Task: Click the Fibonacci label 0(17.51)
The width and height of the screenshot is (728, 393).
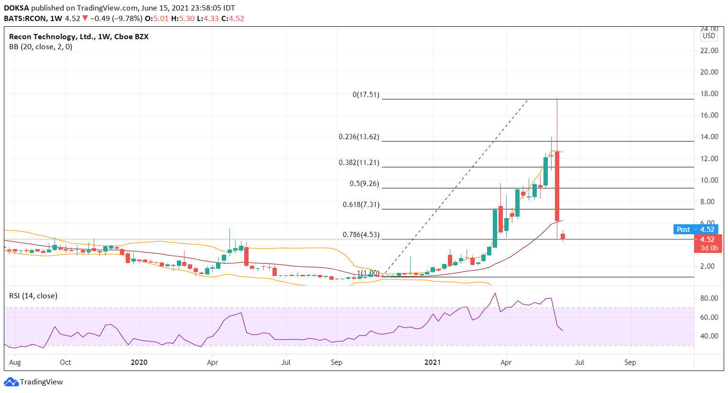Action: (366, 95)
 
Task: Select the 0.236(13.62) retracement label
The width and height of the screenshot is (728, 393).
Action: (359, 137)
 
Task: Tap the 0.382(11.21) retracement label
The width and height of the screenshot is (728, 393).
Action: (359, 163)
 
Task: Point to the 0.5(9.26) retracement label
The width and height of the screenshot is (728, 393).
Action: (364, 184)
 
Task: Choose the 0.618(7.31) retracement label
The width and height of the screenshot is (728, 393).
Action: (361, 205)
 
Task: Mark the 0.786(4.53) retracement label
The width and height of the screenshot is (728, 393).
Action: (361, 235)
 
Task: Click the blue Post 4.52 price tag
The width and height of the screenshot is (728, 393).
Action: (695, 229)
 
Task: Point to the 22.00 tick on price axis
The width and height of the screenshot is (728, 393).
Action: (709, 51)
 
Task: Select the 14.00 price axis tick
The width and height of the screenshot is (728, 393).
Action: (709, 137)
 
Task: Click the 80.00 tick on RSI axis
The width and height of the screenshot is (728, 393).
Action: (709, 298)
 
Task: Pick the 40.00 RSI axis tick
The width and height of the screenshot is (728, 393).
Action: (709, 336)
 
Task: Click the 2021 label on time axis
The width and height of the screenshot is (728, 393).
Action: (433, 362)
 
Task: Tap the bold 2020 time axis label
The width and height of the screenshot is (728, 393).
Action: (139, 362)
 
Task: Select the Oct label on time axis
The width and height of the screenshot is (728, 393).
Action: (65, 362)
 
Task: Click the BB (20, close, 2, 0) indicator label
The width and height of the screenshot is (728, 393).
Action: (41, 47)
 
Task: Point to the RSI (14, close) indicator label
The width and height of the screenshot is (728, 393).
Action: (33, 296)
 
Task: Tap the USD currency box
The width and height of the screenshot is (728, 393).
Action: (709, 36)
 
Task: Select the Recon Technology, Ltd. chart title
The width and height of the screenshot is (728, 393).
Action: (52, 37)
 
